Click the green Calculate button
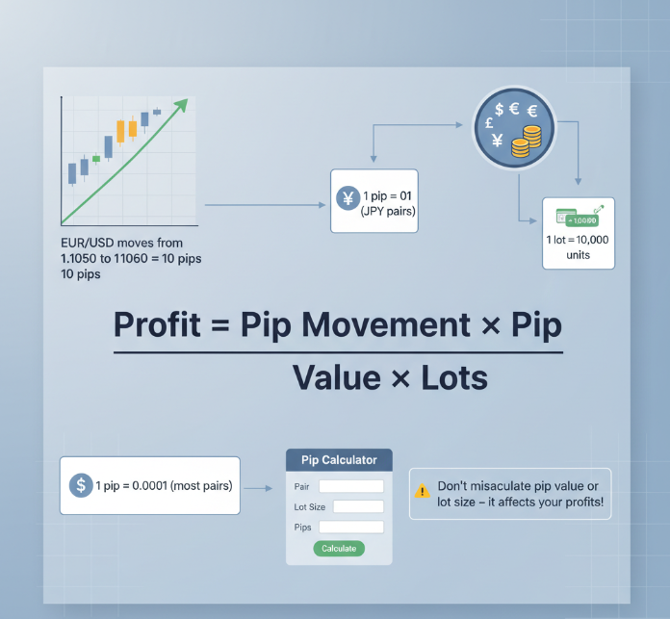pyautogui.click(x=339, y=548)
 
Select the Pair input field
pyautogui.click(x=350, y=486)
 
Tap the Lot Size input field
pyautogui.click(x=357, y=506)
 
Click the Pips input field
pyautogui.click(x=350, y=527)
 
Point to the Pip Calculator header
pyautogui.click(x=339, y=460)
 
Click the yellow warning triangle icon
pyautogui.click(x=422, y=491)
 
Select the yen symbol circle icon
pyautogui.click(x=346, y=200)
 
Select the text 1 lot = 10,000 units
pyautogui.click(x=578, y=246)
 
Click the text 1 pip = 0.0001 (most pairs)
pyautogui.click(x=164, y=486)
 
